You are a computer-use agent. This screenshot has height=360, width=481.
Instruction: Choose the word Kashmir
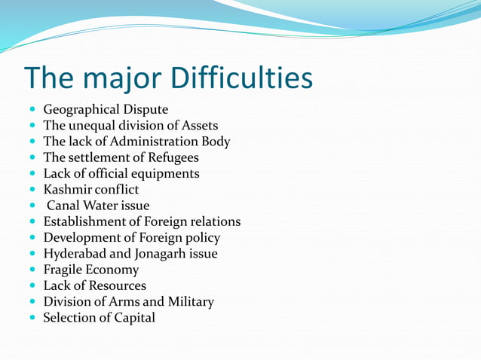[x=67, y=189]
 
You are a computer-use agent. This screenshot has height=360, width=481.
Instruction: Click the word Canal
[x=65, y=206]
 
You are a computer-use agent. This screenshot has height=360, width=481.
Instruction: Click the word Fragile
[x=63, y=270]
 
